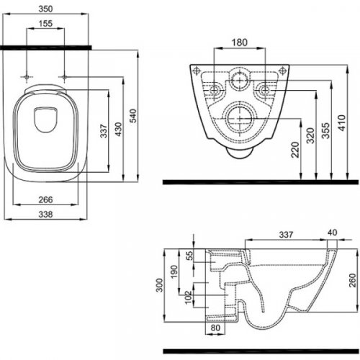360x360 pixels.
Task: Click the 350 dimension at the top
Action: (45, 9)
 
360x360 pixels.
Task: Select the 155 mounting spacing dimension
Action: (45, 23)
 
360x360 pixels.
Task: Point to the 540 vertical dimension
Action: (133, 116)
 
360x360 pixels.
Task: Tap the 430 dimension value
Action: (118, 129)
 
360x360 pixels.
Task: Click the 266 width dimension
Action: (45, 199)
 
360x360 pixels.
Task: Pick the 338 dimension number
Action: (45, 214)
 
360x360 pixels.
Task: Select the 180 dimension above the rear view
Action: (239, 42)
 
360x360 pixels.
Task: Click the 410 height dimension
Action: (342, 123)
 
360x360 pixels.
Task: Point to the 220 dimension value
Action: (295, 150)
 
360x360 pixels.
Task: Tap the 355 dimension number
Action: (325, 130)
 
